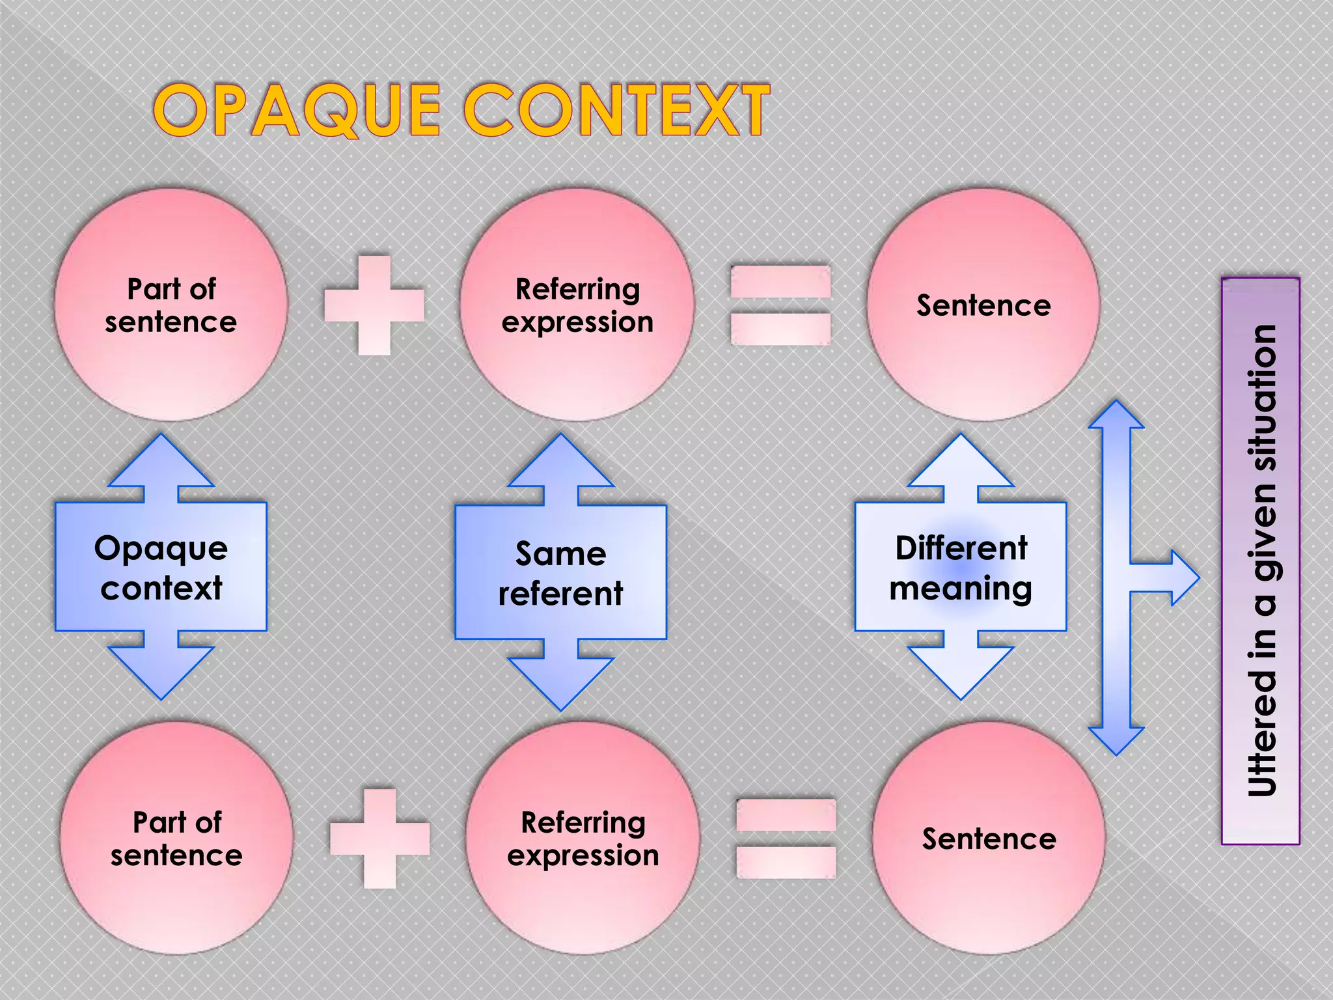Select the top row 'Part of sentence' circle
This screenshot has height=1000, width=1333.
click(x=171, y=305)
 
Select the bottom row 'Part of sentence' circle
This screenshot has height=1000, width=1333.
click(x=176, y=838)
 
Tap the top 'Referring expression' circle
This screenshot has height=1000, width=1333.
click(x=577, y=305)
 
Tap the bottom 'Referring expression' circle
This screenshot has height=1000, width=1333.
click(x=583, y=838)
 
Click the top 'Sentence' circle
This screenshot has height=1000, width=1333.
click(x=983, y=305)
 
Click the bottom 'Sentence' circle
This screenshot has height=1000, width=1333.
click(x=988, y=838)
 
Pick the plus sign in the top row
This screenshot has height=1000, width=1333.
click(x=374, y=305)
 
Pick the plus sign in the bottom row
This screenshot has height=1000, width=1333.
click(x=379, y=839)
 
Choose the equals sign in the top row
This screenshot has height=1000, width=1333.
click(x=780, y=305)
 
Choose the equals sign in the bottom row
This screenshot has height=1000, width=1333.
click(x=786, y=839)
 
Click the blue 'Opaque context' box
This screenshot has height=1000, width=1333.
click(x=161, y=567)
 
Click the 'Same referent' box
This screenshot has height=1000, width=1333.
click(x=560, y=572)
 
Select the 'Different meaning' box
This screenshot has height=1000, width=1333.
click(x=961, y=567)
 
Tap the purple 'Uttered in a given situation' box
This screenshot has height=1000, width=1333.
click(x=1260, y=561)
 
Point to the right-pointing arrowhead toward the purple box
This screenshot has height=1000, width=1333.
click(x=1181, y=577)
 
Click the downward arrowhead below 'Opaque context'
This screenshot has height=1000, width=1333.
click(x=161, y=674)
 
